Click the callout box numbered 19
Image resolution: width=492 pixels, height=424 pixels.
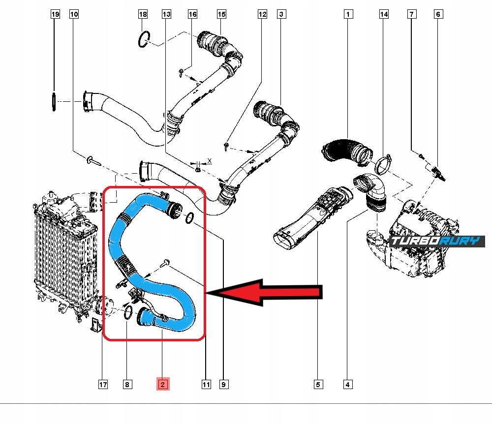coord(56,15)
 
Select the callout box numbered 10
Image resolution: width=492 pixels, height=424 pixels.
coord(74,15)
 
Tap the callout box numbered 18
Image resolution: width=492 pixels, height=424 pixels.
coord(143,15)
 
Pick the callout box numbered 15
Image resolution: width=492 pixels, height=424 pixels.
coord(221,15)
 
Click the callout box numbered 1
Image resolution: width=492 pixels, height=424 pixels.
coord(348,15)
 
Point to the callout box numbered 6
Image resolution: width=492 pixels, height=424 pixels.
coord(437,15)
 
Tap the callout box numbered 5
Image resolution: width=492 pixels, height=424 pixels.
coord(318,384)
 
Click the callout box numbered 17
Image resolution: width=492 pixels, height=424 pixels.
coord(102,384)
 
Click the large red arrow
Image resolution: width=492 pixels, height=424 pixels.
coord(266,293)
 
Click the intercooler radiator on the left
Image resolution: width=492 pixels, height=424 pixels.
coord(61,251)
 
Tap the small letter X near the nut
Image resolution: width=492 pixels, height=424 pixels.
coord(209,161)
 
